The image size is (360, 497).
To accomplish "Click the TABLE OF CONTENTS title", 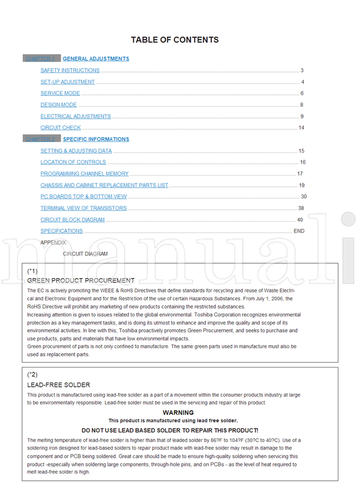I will coord(175,40).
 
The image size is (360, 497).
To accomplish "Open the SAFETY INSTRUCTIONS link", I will coord(70,71).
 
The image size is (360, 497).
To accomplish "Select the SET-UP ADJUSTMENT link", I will coord(68,82).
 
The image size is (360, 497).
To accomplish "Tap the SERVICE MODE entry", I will coord(60,94).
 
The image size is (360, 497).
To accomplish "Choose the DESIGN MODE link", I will coord(59,105).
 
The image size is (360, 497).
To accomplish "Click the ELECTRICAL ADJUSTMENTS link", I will coord(76,116).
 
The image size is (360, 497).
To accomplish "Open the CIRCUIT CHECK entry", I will coord(61,128).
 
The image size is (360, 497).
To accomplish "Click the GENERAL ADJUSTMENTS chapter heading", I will coord(96,59).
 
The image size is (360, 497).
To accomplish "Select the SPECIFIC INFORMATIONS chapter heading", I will coord(96,139).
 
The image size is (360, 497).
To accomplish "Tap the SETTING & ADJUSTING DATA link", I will coord(76,151).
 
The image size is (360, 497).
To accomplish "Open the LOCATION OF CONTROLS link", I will coord(73,162).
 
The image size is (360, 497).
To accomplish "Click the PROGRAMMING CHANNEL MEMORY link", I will coord(85,174).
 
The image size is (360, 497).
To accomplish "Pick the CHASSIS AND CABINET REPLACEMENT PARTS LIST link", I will coord(104,185).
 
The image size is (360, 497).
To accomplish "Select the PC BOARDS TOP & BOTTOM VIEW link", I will coord(84,197).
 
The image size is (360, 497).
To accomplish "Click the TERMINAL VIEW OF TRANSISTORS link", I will coord(84,208).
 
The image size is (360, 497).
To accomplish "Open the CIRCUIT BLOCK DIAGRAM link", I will coord(73,220).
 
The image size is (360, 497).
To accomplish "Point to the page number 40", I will coord(300,220).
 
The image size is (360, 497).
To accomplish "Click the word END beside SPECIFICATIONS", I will coord(299,231).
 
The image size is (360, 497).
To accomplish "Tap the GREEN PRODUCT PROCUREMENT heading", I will coord(81,281).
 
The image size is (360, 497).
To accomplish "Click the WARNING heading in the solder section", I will coord(178,413).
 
